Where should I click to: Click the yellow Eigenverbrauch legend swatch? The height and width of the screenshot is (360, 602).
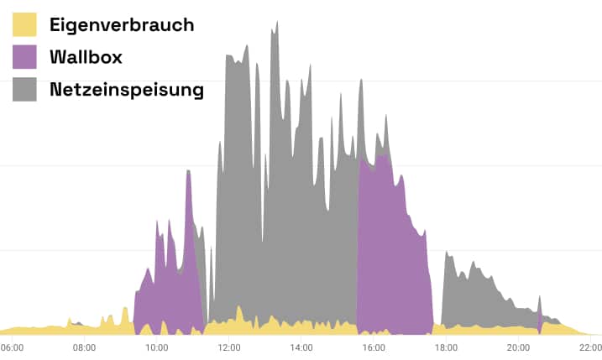click(24, 24)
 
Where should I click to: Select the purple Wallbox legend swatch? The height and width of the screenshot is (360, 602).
click(24, 57)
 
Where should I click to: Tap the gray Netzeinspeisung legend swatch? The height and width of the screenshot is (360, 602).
click(24, 89)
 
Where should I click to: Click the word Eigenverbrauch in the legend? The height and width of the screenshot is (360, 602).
click(122, 24)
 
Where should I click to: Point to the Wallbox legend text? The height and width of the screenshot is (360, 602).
click(86, 57)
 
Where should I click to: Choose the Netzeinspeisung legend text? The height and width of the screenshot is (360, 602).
click(127, 89)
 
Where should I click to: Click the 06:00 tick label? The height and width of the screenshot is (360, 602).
click(12, 347)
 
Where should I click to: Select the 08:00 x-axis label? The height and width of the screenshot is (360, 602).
click(84, 347)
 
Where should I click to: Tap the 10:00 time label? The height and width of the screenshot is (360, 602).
click(156, 347)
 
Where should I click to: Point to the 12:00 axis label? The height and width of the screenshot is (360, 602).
click(228, 347)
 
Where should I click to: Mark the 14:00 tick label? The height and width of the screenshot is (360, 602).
click(301, 347)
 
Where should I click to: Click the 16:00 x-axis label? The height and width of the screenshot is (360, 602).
click(374, 347)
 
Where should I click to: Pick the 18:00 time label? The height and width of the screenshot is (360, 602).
click(446, 347)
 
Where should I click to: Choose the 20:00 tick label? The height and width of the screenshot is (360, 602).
click(518, 347)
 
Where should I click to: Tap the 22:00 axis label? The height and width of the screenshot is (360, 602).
click(590, 347)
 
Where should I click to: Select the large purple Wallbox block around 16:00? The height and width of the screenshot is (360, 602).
click(390, 243)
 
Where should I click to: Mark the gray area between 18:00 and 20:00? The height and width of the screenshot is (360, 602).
click(474, 294)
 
